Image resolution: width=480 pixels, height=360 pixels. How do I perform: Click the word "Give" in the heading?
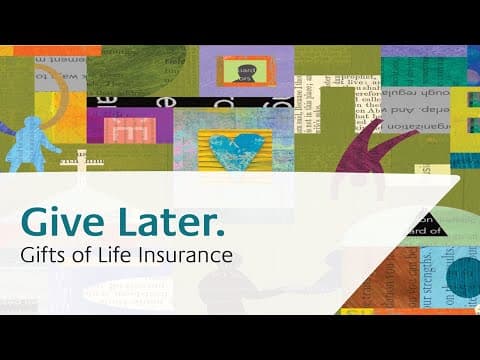pyautogui.click(x=62, y=218)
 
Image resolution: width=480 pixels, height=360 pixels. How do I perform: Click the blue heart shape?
pyautogui.click(x=234, y=144)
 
